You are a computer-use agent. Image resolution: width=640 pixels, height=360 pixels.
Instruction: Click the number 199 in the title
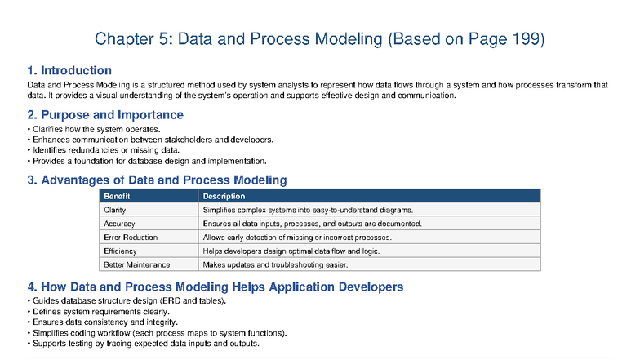[528, 39]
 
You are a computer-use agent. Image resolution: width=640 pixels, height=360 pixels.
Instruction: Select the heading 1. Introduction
[69, 71]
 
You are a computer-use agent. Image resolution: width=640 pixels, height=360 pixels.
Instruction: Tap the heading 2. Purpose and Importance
[105, 115]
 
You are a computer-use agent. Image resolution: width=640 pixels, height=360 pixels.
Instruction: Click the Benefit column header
[118, 196]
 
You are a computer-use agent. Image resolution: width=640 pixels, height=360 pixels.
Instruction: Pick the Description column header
[224, 196]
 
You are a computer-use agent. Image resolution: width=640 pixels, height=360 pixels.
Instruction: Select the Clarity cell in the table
[115, 210]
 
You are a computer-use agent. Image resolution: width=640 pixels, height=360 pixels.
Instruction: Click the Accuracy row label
[120, 224]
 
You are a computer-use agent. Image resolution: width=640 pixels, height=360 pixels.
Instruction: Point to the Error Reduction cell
[131, 238]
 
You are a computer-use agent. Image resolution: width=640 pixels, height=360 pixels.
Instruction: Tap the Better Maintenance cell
[136, 265]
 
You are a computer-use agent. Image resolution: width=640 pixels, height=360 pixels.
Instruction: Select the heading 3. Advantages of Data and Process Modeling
[157, 180]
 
